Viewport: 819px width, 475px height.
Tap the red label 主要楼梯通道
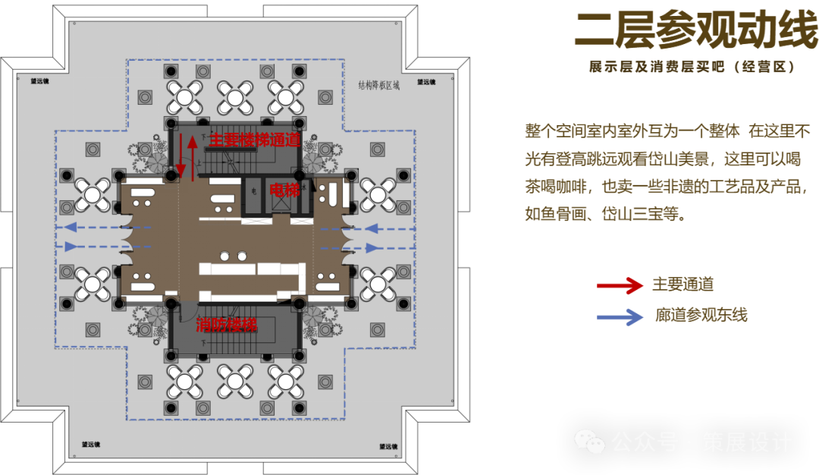point(253,140)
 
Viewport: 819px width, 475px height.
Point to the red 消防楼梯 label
point(226,325)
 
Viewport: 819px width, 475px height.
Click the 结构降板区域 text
point(378,85)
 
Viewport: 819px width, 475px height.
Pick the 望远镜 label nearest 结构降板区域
point(425,81)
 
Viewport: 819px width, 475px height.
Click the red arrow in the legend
point(620,285)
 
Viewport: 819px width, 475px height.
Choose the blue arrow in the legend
point(620,315)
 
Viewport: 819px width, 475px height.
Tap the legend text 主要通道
point(682,285)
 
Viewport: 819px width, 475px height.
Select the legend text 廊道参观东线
point(701,314)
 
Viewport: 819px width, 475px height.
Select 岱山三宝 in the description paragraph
point(643,214)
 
